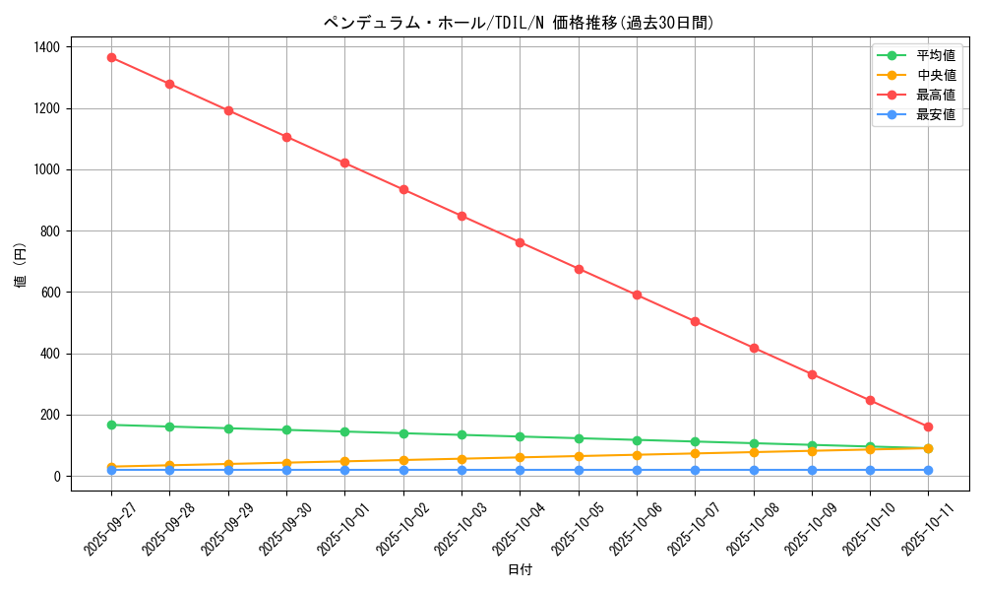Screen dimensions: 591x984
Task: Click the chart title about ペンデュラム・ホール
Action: (x=520, y=23)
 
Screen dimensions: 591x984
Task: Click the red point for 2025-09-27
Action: (x=111, y=57)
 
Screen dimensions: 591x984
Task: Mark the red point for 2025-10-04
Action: (x=520, y=242)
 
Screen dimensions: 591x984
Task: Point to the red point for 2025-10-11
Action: (x=928, y=427)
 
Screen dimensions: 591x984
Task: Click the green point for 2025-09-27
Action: (x=111, y=425)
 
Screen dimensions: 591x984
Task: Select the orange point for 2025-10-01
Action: (x=344, y=461)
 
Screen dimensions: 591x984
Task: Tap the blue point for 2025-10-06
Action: (x=637, y=470)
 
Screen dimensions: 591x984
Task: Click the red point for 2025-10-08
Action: (x=754, y=348)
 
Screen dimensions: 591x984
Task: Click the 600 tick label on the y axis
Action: (x=49, y=293)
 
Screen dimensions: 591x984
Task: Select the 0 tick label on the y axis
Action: (x=57, y=477)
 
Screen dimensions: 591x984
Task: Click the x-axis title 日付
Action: (x=520, y=570)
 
